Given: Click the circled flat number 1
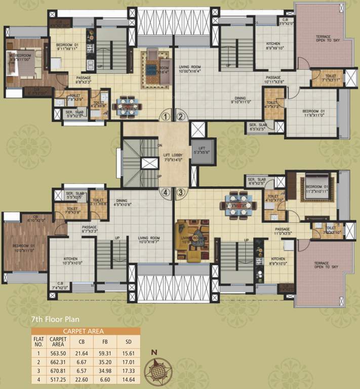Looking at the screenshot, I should click(165, 116).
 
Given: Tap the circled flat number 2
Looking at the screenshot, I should click(181, 116).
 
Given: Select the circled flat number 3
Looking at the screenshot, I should click(181, 192).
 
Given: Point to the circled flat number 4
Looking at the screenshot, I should click(165, 192).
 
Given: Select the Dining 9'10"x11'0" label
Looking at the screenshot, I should click(234, 100).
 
